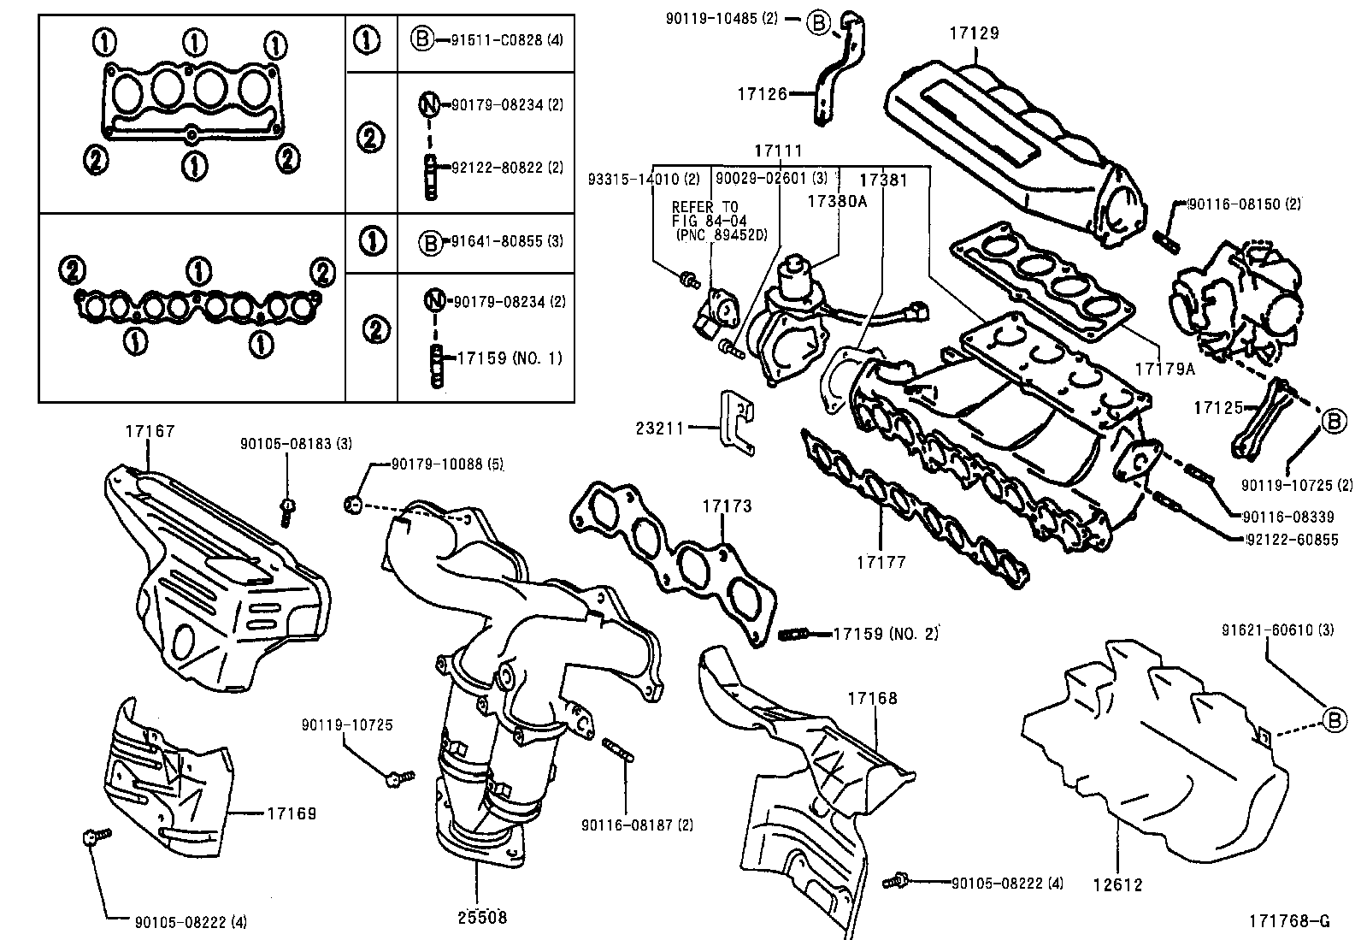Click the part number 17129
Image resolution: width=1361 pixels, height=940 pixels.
[x=974, y=33]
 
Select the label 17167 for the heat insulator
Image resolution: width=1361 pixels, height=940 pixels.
[x=150, y=431]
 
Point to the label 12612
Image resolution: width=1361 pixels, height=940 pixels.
[x=1117, y=885]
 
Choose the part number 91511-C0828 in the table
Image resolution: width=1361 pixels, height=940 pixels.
[x=494, y=39]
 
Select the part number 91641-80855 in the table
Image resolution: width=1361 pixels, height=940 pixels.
[x=495, y=241]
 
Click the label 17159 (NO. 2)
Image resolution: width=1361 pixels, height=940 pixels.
[x=885, y=634]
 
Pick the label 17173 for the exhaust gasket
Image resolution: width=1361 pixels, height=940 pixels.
[x=728, y=505]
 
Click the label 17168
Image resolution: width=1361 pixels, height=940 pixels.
[x=873, y=698]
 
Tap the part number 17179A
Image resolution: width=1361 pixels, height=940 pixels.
[x=1164, y=369]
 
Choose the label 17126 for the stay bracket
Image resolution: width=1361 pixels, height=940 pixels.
[x=762, y=93]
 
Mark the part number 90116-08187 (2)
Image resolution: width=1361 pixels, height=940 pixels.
[x=637, y=825]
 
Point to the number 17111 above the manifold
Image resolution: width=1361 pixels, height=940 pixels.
[x=778, y=151]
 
